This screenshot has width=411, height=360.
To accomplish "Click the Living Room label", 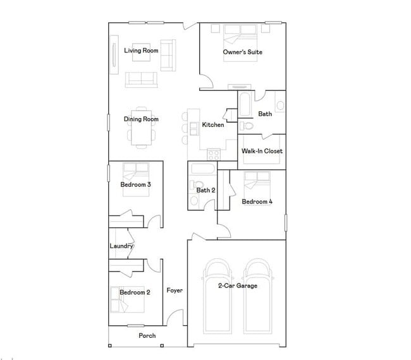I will (141, 51).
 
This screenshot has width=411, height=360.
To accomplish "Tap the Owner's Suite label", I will (242, 52).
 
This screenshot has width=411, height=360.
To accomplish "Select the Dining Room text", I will (141, 119).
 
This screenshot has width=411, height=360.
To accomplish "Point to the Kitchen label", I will (213, 124).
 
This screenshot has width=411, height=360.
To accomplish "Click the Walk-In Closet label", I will (262, 151).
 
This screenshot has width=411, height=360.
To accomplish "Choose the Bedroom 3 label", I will (135, 184).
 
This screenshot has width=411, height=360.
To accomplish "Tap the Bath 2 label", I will (206, 189).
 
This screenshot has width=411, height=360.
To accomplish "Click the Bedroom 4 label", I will (257, 201).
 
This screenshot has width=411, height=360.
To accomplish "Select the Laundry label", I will (121, 246).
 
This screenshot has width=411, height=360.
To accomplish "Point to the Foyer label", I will (175, 291).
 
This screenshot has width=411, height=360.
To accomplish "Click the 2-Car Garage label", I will (238, 285).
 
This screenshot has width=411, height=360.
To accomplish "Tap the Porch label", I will (147, 335).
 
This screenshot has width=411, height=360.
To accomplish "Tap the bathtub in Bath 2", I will (202, 170).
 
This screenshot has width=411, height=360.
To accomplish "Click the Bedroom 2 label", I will (135, 292).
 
